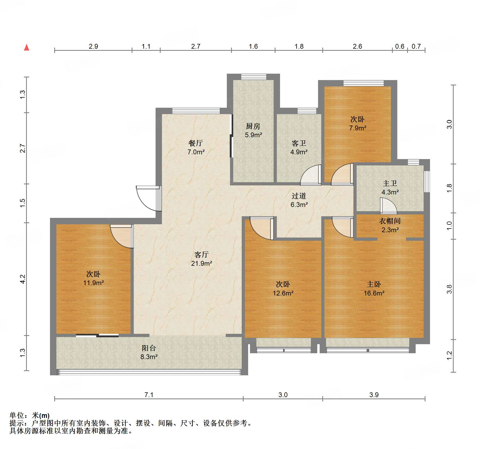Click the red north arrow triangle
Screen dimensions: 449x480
point(27,48)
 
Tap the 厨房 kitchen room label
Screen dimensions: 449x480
point(253,126)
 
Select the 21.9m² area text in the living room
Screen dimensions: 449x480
point(202,263)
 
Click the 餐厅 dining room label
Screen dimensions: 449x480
point(196,143)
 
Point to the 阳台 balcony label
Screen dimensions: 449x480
point(149,348)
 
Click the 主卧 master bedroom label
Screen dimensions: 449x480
point(374,284)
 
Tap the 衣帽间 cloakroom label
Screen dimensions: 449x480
point(390,221)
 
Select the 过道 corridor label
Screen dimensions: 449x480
point(299,196)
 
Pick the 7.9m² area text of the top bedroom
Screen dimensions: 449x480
point(358,128)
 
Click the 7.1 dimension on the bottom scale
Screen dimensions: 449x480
point(149,395)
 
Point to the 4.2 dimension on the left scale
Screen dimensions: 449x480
point(23,279)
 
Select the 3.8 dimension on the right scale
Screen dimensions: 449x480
point(449,289)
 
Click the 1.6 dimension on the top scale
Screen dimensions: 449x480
point(253,47)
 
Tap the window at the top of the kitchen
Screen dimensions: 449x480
point(254,77)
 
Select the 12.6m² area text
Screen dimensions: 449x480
point(283,293)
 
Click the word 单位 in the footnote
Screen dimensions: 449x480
point(17,415)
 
